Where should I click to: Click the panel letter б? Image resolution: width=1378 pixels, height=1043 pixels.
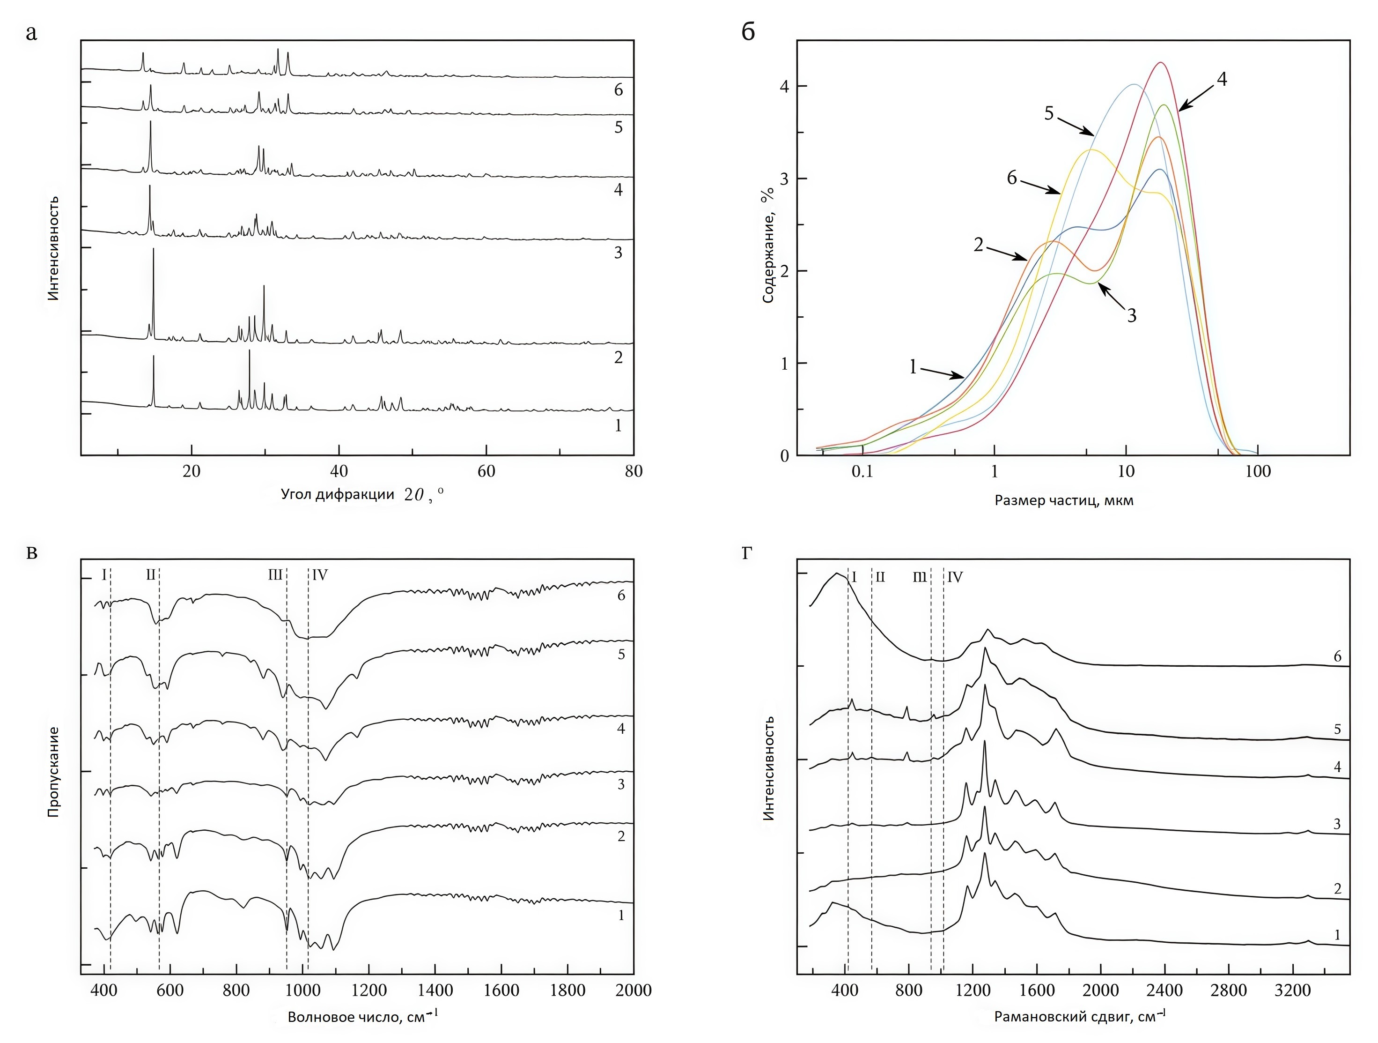coord(748,31)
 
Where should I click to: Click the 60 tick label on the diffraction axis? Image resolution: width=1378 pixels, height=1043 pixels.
coord(486,472)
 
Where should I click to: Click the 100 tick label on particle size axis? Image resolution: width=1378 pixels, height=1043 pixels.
coord(1258,472)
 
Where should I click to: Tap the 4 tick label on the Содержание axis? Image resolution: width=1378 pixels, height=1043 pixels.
coord(784,86)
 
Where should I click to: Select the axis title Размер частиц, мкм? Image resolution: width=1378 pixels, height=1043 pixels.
coord(1064,500)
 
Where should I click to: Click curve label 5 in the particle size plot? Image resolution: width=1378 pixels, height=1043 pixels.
coord(1049,113)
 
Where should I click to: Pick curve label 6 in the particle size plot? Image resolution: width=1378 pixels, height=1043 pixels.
coord(1012,179)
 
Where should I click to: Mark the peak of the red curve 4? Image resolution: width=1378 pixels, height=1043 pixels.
coord(1160,63)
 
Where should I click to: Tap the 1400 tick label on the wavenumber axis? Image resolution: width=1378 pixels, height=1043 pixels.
coord(435,991)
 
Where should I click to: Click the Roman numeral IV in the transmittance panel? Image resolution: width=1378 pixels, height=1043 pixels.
coord(320,575)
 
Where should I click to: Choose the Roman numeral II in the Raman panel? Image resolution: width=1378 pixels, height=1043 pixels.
coord(880,577)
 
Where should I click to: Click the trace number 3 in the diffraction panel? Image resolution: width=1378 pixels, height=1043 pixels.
coord(618,253)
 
